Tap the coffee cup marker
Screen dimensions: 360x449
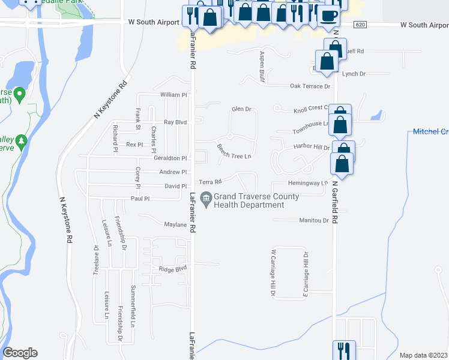(328, 16)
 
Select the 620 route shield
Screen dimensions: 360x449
(360, 25)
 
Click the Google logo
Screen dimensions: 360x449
(20, 353)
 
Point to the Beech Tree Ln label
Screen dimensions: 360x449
(234, 151)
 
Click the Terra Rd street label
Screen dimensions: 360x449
(211, 181)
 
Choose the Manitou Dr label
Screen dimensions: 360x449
(314, 220)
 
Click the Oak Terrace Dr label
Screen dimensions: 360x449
(310, 86)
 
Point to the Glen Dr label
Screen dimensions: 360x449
(241, 109)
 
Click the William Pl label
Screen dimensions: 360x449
(174, 95)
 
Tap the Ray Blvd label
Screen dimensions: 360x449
(176, 122)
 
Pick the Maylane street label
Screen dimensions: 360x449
(176, 224)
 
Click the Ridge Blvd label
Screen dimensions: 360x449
(173, 268)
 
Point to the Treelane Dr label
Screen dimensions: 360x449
(95, 259)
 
